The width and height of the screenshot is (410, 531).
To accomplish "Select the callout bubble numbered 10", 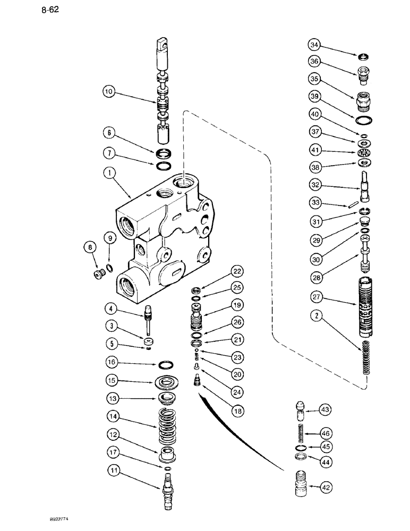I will tap(108, 92).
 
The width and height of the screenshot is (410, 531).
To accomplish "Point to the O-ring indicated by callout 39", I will tap(365, 119).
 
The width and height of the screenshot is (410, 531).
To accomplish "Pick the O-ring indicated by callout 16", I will tap(166, 365).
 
